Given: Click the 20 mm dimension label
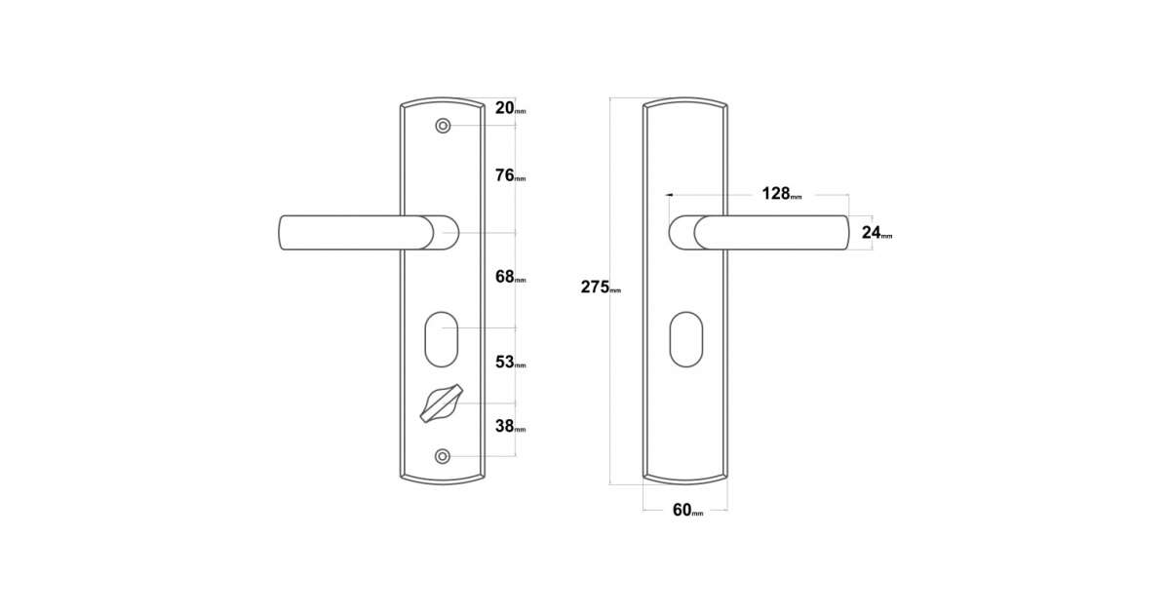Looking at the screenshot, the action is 510,108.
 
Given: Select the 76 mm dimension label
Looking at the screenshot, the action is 510,175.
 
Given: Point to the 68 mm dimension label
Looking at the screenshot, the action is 510,277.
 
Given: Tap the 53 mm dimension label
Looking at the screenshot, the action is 510,362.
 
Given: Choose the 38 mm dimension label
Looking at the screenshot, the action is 510,426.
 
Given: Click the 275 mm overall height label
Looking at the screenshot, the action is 601,288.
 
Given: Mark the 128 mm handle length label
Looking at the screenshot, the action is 781,194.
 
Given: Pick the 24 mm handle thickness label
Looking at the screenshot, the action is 877,232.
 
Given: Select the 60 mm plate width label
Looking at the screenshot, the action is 688,510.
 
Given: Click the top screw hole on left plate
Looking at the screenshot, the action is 443,126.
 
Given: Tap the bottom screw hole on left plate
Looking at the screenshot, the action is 443,457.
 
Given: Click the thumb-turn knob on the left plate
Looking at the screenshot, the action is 442,403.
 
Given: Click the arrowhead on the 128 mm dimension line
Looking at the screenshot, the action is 669,195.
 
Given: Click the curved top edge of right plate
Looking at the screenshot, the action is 685,98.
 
